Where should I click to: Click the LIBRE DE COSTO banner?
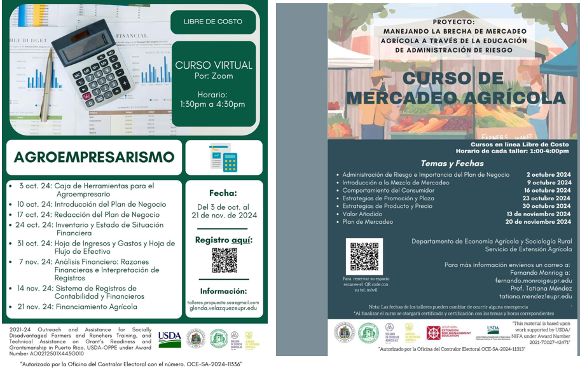(x=213, y=22)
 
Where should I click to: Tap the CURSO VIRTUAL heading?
(x=214, y=65)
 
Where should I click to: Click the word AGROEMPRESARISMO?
(x=94, y=157)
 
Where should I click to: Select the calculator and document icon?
(x=223, y=157)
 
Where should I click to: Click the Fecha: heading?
(x=223, y=193)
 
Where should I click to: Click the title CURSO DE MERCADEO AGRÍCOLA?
(x=454, y=88)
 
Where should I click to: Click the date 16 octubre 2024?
(x=547, y=190)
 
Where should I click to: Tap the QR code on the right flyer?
(x=364, y=256)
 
